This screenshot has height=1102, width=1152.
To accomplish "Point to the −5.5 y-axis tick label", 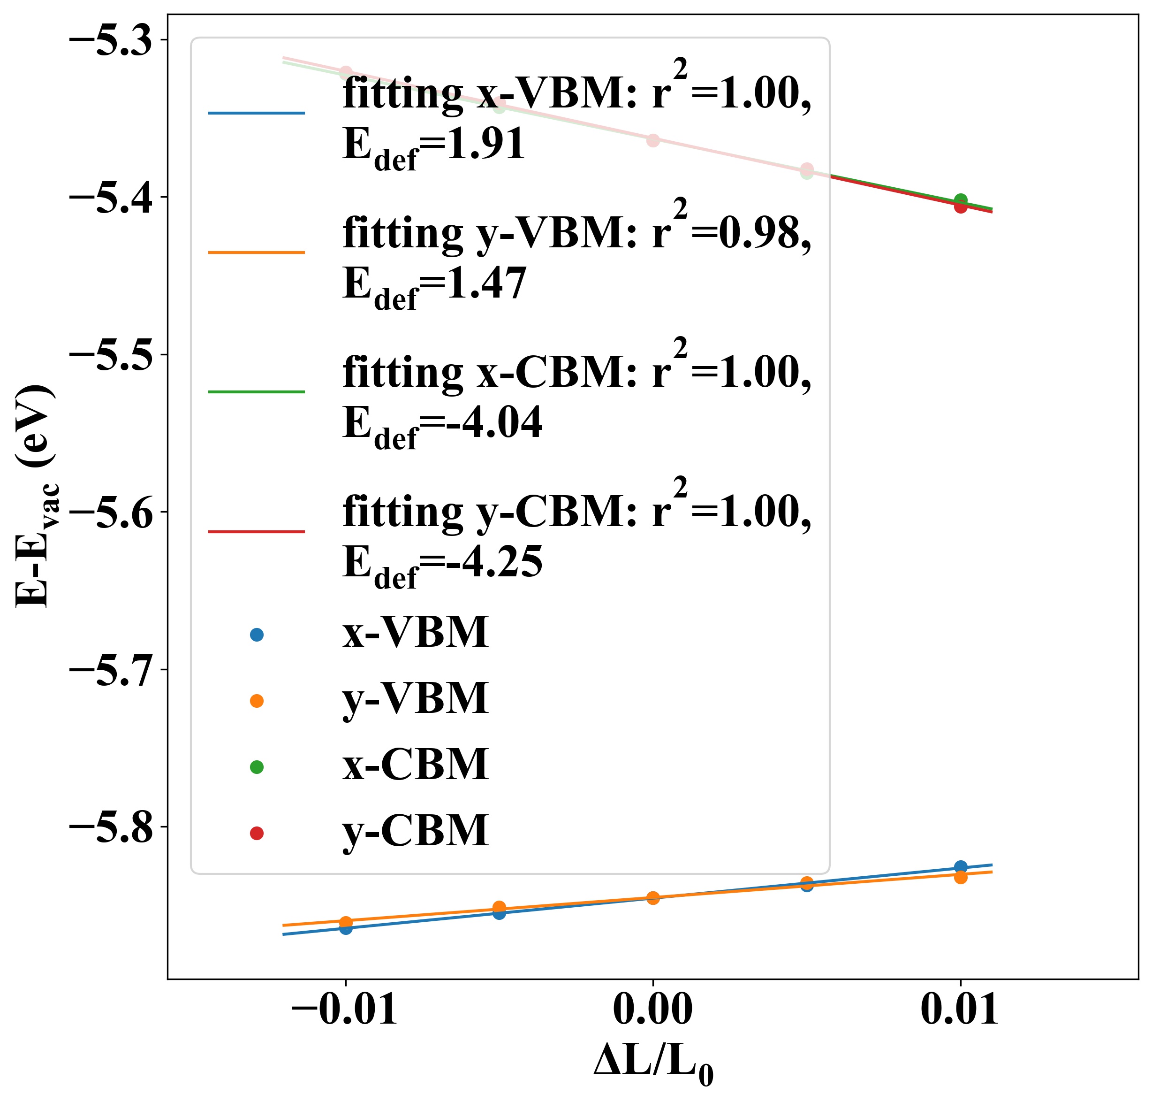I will pos(112,355).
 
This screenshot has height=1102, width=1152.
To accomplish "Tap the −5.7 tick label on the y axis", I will pos(112,671).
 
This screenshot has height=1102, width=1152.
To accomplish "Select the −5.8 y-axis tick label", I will pos(112,828).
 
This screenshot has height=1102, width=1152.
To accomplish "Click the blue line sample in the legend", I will pos(257,113).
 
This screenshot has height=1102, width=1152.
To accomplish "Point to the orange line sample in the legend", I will pos(257,253).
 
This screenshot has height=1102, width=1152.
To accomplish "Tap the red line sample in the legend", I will pos(257,532).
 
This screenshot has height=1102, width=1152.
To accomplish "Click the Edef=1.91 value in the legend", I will pos(433,145).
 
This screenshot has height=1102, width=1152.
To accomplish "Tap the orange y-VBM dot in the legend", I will pos(257,701).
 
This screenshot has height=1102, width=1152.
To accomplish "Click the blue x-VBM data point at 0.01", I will pos(961,867).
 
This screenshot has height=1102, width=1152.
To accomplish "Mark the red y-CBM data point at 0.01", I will pos(961,207).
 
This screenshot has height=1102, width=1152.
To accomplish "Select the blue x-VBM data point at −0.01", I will pos(346,929).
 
